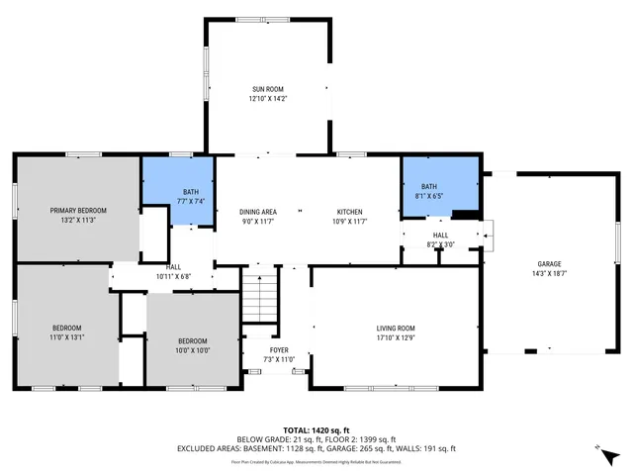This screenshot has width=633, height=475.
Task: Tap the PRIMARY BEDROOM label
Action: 78,210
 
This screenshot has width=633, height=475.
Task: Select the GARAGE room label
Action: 550,263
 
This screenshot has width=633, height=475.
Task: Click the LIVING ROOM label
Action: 395,328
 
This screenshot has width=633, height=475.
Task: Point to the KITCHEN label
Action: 350,212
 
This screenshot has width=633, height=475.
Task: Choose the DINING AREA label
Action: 257,212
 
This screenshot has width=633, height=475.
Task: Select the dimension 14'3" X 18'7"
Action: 550,272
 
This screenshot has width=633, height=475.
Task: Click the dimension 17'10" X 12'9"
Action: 395,337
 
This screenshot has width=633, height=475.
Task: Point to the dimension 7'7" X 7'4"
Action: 192,201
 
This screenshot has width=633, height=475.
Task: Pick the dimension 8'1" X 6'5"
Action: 429,195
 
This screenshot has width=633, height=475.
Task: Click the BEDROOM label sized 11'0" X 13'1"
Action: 67,328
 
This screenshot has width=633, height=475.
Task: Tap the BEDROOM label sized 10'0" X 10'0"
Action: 192,340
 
